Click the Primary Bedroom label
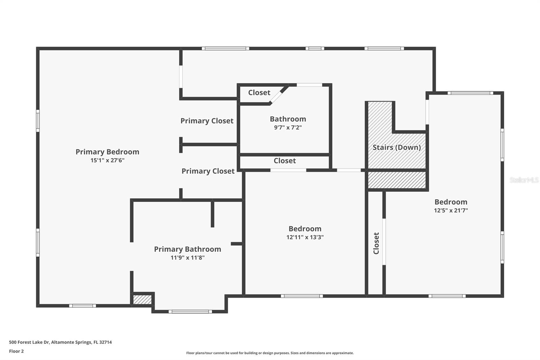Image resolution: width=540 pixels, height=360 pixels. click(107, 152)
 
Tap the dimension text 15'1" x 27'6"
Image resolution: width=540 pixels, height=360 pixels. click(107, 160)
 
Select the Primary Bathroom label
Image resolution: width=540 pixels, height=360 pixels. click(187, 249)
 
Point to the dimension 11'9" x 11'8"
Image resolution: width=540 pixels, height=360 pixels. click(187, 258)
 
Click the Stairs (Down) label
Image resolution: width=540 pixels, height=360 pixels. click(397, 147)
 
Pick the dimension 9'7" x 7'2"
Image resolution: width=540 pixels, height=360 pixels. click(288, 128)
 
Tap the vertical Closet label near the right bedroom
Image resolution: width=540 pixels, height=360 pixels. click(376, 243)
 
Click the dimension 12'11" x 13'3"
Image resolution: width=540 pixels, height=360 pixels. click(305, 237)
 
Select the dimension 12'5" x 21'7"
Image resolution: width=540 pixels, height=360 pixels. click(451, 210)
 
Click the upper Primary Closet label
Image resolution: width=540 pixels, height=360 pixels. click(207, 121)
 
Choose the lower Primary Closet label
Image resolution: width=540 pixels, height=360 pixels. click(208, 171)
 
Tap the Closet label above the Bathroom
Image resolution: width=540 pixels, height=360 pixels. click(259, 93)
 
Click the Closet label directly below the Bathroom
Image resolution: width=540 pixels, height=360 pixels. click(285, 161)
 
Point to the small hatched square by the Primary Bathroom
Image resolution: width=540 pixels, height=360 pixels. click(142, 300)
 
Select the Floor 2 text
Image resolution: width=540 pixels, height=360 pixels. click(16, 351)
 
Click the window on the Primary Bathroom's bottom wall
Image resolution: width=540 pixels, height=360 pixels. click(190, 311)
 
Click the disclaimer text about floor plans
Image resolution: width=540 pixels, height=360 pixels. click(270, 353)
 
